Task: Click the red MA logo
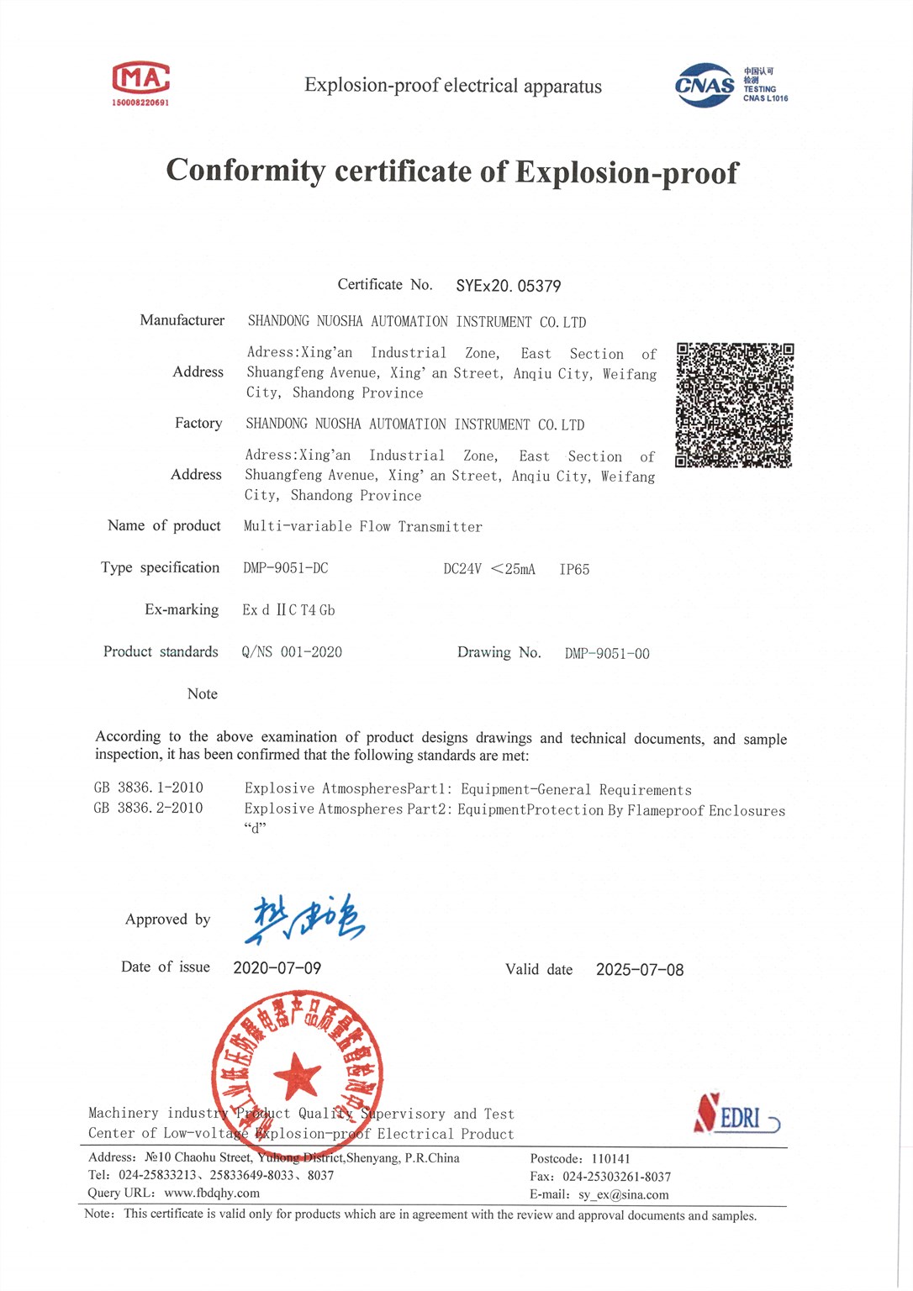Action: point(141,79)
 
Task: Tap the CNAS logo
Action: point(705,85)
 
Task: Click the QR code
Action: point(735,404)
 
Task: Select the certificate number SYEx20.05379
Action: point(509,286)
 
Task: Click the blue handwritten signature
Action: point(305,920)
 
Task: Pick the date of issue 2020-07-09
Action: point(277,968)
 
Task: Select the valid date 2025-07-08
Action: point(640,970)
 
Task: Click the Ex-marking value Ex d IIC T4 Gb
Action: point(288,610)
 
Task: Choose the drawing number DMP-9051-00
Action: point(607,654)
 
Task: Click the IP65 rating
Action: point(574,570)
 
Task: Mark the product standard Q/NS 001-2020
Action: point(292,652)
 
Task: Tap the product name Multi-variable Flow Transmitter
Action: point(363,527)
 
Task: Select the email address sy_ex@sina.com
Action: point(624,1195)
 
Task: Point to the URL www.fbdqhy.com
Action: point(212,1194)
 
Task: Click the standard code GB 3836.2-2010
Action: point(149,808)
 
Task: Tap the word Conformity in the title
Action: point(245,171)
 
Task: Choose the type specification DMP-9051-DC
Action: point(286,568)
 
